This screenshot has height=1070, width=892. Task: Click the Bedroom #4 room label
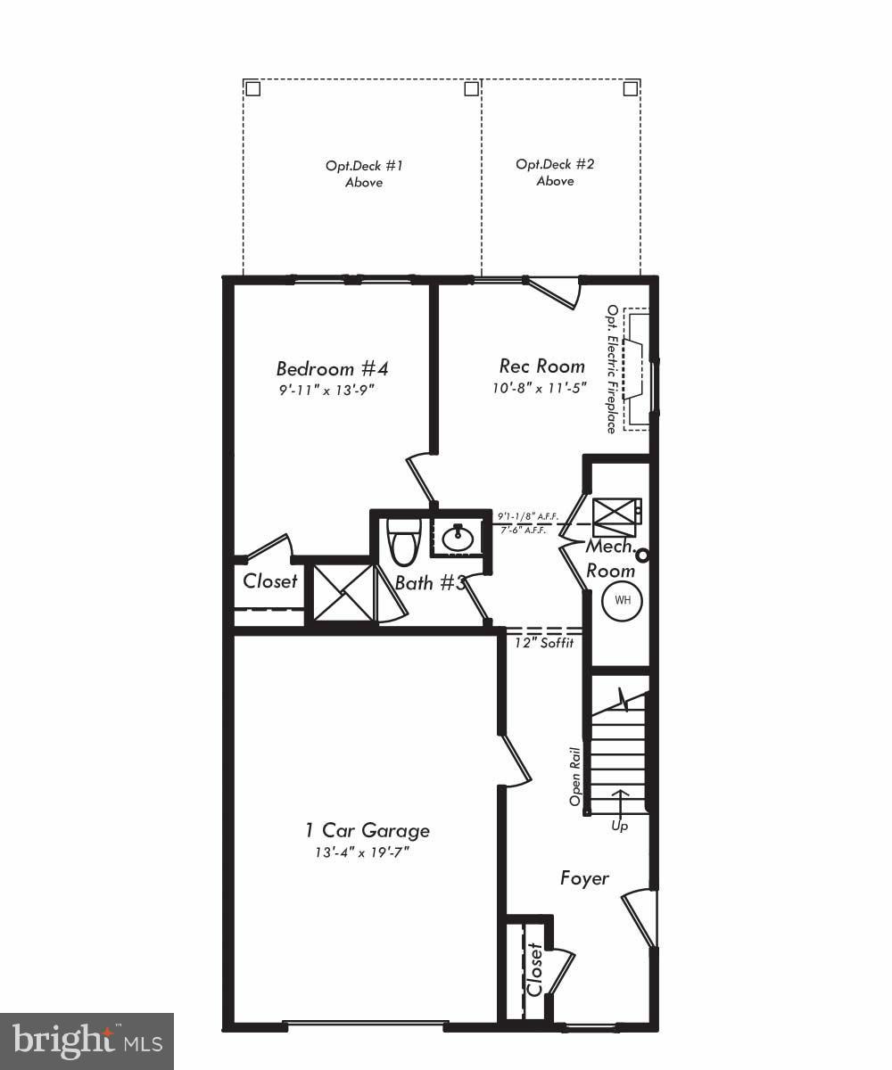(x=332, y=368)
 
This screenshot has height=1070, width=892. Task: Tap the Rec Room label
(x=541, y=366)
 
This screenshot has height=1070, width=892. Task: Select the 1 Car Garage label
(x=367, y=830)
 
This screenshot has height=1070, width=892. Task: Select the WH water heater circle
(x=623, y=600)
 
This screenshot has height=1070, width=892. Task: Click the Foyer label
(x=584, y=878)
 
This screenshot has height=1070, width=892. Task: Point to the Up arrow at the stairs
(x=619, y=802)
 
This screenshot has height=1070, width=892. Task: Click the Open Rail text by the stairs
(x=576, y=776)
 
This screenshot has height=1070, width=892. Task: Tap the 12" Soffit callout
(x=544, y=643)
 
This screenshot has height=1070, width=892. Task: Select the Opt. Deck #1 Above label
(x=364, y=174)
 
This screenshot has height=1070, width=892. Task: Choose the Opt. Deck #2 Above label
(x=555, y=172)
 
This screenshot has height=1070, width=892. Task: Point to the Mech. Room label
(x=611, y=558)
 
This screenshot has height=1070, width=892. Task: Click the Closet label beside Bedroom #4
(x=270, y=581)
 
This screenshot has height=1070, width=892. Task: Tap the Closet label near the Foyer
(x=534, y=970)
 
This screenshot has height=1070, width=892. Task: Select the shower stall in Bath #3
(x=343, y=593)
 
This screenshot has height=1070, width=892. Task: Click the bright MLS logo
(x=87, y=1041)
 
